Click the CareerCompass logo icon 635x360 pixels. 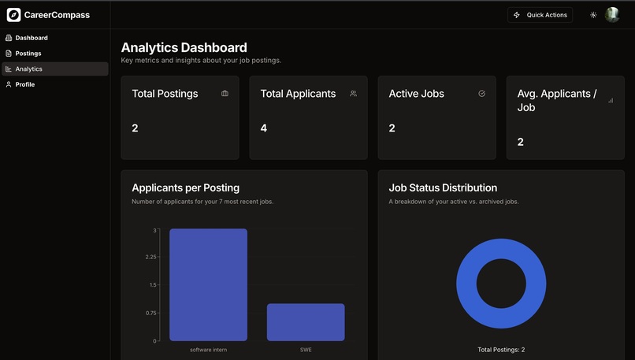coord(13,15)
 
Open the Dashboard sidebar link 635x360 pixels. coord(31,38)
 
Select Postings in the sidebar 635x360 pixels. coord(28,54)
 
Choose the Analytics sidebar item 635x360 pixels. coord(28,69)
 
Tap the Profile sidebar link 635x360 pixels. coord(24,84)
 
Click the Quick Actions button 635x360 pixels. coord(540,15)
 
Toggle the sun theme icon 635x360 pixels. coord(593,15)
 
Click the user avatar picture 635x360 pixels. coord(612,15)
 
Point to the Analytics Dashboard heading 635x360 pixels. coord(184,48)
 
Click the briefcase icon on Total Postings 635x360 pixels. coord(225,94)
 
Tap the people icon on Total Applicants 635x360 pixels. coord(353,94)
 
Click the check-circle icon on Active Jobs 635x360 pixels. coord(481,94)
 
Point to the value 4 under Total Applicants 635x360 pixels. coord(264,128)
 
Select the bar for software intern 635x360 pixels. coord(208,284)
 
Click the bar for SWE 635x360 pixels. coord(306,322)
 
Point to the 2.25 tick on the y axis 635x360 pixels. coord(150,257)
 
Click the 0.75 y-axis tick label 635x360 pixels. coord(150,313)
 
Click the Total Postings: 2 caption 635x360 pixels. coord(501,350)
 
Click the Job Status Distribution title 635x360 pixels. coord(443,188)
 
